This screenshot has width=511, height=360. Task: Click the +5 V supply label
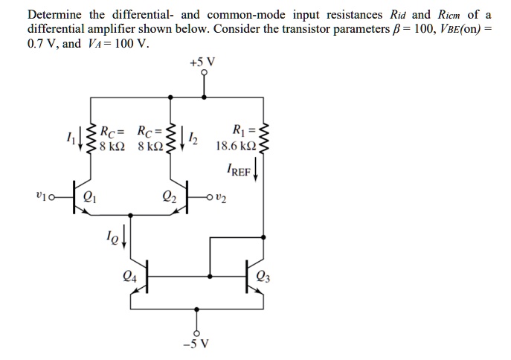(202, 63)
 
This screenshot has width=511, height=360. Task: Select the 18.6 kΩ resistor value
(234, 147)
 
